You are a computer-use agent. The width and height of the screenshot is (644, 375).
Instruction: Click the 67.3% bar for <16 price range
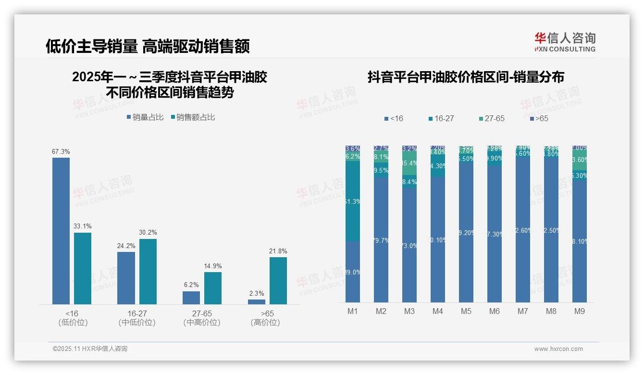pos(61,231)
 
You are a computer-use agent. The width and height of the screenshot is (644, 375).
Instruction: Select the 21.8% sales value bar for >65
pos(278,281)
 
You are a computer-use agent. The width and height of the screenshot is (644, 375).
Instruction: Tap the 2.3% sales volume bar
pos(257,302)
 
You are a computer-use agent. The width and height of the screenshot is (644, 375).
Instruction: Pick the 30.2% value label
pos(148,233)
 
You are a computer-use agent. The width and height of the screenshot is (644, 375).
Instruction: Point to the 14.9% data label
pos(213,266)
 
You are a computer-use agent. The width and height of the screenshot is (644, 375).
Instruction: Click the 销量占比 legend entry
pos(145,117)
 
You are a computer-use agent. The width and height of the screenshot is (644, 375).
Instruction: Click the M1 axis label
pos(353,312)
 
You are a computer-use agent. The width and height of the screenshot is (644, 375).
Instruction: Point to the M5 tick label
pos(466,312)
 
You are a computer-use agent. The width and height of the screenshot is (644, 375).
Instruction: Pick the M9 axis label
pos(580,312)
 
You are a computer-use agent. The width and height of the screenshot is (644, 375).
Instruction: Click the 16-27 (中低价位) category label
pos(137,318)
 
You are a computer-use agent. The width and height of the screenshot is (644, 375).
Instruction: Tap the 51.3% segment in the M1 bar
pos(353,201)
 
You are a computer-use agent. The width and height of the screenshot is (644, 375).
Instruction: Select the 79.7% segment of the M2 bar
pos(381,240)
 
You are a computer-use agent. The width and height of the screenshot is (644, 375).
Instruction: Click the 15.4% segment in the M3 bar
pos(409,163)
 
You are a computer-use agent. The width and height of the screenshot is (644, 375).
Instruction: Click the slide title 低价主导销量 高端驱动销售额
pos(148,46)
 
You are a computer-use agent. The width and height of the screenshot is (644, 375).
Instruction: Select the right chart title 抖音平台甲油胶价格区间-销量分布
pos(466,77)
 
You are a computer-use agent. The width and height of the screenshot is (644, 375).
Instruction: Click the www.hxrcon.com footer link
pos(558,349)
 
